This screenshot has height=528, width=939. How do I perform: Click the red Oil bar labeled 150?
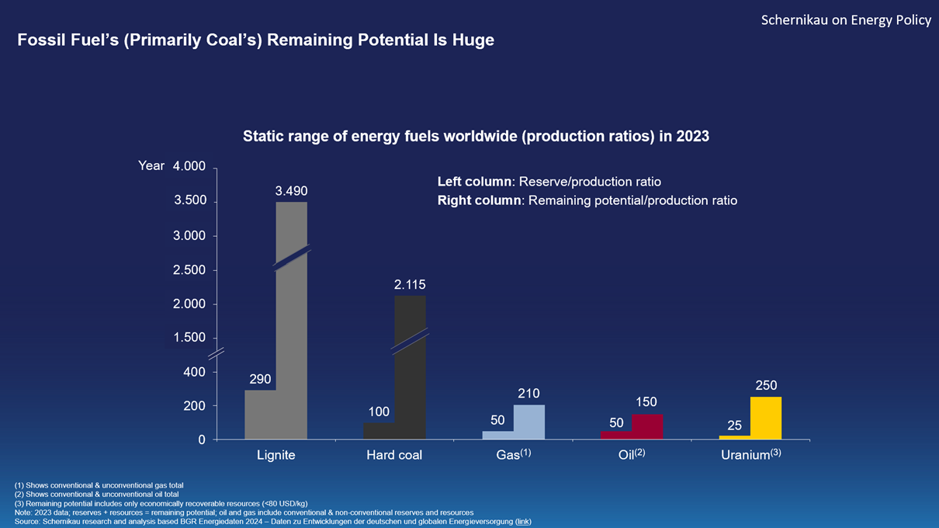(x=647, y=426)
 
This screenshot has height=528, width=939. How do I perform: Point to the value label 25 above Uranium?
(x=734, y=426)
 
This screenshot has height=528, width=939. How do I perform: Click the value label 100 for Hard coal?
(x=379, y=412)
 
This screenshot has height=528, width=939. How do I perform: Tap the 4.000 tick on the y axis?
(x=189, y=167)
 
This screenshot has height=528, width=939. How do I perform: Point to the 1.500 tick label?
(x=189, y=338)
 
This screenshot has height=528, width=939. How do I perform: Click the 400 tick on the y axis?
(x=194, y=372)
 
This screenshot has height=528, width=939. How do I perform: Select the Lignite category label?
(x=276, y=455)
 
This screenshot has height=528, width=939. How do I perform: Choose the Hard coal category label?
(x=394, y=455)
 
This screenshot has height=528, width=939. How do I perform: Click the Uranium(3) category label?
(x=750, y=454)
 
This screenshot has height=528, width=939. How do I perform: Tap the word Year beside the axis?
(x=151, y=165)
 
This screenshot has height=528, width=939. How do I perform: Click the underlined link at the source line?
(x=524, y=522)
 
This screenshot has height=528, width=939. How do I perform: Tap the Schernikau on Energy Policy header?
(x=846, y=20)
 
